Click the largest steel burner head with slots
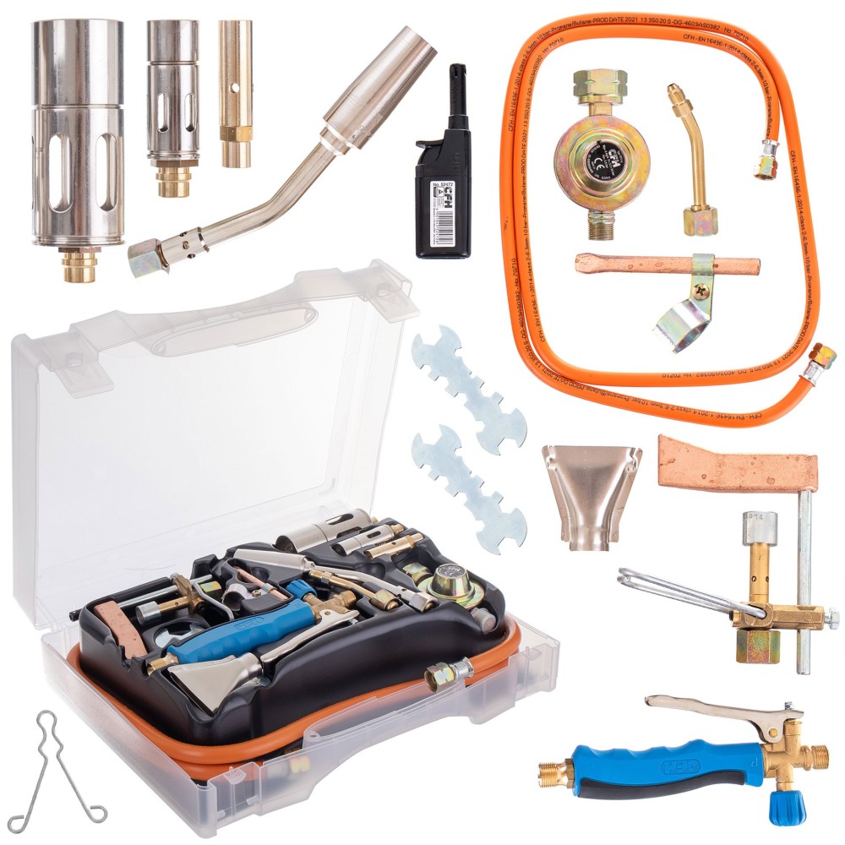(77, 135)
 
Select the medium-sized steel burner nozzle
(172, 93)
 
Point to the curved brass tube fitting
(695, 161)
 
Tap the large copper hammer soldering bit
(736, 464)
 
